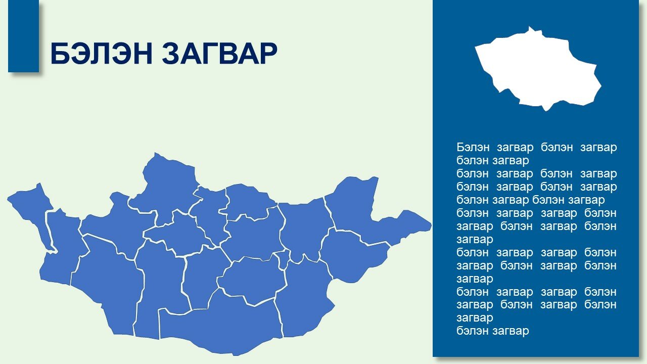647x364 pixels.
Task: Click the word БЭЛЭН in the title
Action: pos(102,54)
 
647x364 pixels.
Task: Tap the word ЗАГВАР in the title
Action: pos(219,54)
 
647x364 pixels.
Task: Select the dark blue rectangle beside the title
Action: pos(23,36)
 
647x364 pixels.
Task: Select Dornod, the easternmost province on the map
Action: pos(373,211)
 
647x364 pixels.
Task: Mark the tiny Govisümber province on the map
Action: pos(284,258)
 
